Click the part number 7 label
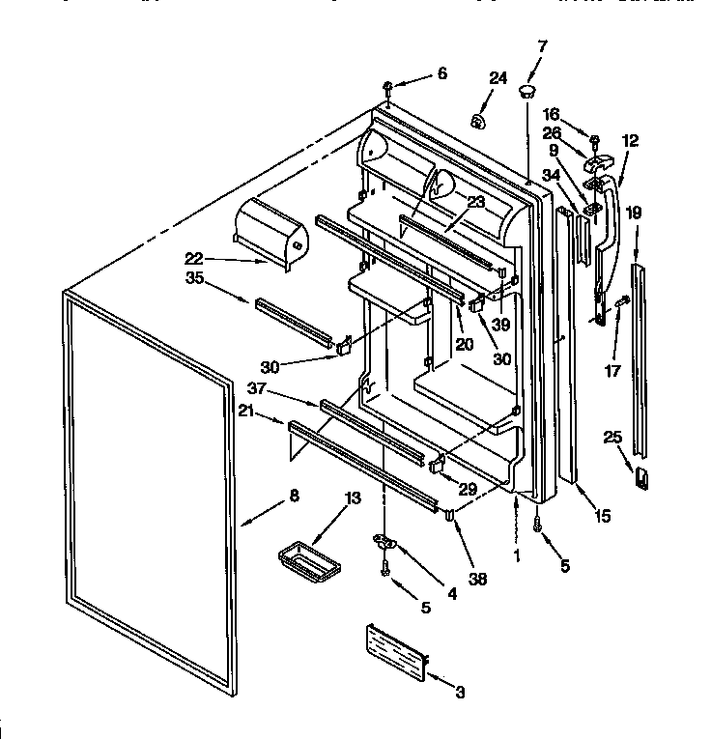tap(541, 45)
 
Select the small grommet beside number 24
tap(476, 122)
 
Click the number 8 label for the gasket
tap(294, 496)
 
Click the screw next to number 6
tap(387, 88)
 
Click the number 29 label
tap(467, 490)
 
